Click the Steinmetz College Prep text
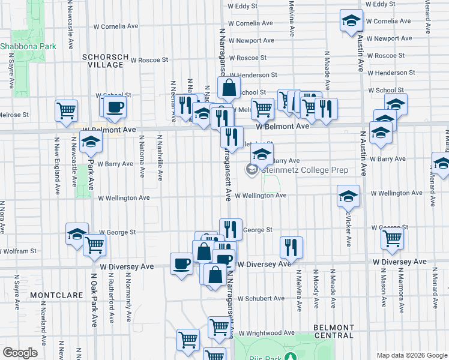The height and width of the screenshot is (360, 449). point(305,170)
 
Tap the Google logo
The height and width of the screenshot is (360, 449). point(20,352)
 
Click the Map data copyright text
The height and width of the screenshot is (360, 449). point(411,355)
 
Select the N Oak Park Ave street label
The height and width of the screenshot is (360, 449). point(94,300)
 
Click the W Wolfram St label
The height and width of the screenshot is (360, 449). point(19,250)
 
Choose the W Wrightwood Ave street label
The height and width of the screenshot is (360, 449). point(267,333)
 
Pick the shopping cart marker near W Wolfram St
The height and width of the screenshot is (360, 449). point(94,244)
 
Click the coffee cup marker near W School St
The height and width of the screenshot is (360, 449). point(115,107)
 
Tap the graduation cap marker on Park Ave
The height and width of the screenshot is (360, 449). point(91,141)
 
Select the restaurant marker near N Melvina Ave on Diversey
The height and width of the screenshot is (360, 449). point(291,246)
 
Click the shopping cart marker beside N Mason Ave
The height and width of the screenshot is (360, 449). point(392,238)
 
